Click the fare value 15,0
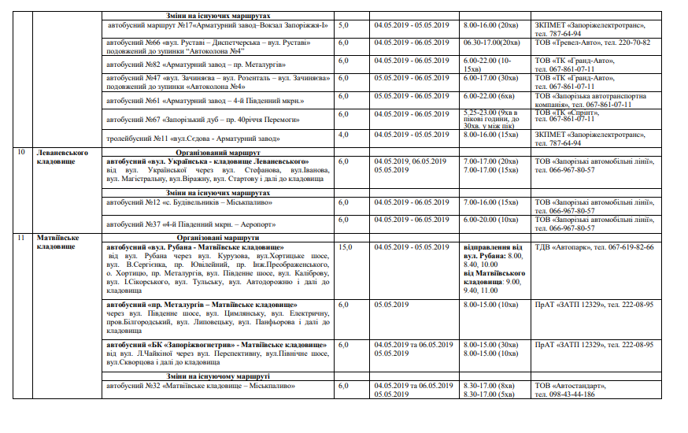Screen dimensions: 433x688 pyautogui.click(x=345, y=246)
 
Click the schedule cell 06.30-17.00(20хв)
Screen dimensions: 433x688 pyautogui.click(x=492, y=42)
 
